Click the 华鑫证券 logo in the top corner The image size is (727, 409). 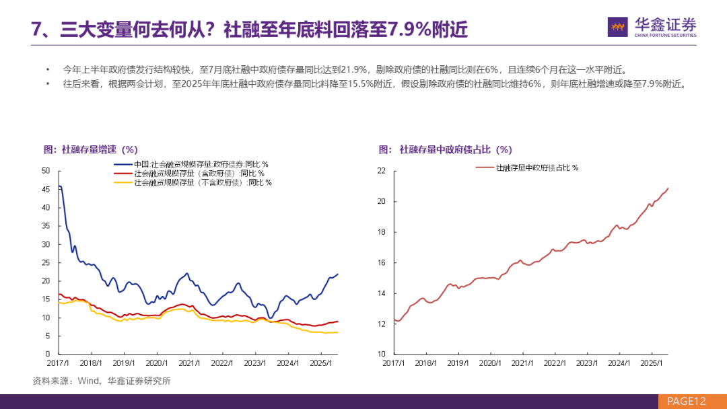tap(652, 27)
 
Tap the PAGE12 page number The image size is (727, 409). tap(686, 401)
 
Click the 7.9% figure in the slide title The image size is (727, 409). tap(411, 30)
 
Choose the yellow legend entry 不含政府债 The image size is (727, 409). tap(203, 182)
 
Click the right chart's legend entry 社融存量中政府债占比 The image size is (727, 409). tap(537, 168)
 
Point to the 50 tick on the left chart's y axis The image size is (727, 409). tap(46, 171)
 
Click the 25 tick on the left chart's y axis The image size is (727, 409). tap(46, 262)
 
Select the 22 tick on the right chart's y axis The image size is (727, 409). tap(380, 171)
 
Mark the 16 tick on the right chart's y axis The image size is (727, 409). tap(380, 262)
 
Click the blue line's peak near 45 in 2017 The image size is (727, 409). tap(61, 186)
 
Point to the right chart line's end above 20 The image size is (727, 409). tap(668, 188)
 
